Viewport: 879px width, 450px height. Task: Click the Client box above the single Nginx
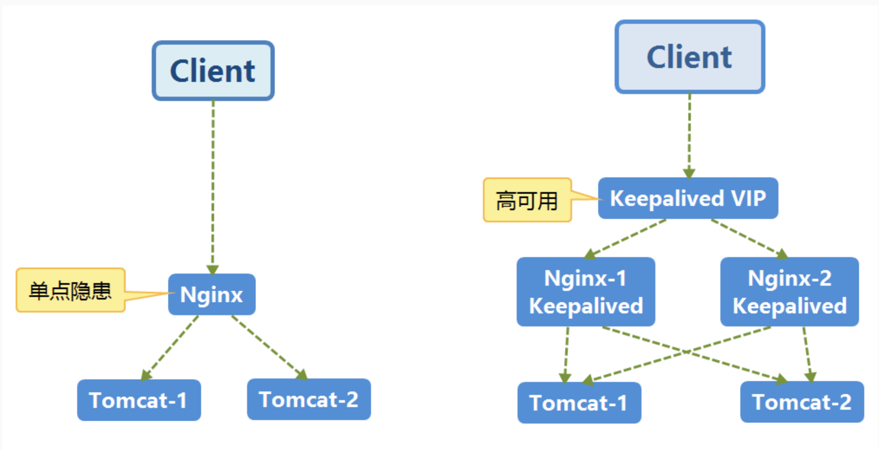pos(213,71)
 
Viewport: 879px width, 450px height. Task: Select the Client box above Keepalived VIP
pos(689,57)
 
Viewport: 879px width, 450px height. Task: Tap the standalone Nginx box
pos(212,294)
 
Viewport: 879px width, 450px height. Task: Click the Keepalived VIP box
pos(688,199)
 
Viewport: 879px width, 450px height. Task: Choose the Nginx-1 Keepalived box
pos(586,292)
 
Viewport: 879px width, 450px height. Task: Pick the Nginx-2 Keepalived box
pos(789,292)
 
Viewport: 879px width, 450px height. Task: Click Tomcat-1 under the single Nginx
pos(139,400)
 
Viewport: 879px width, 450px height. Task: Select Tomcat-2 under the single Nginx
pos(309,399)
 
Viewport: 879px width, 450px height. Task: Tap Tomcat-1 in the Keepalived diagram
pos(579,403)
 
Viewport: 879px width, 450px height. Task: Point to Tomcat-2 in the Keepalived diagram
pos(802,402)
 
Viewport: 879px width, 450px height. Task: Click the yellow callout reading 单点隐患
pos(71,290)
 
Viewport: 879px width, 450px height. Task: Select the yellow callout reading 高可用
pos(527,200)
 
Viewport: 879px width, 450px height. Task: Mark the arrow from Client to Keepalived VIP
pos(689,134)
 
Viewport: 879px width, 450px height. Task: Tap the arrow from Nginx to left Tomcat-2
pos(269,347)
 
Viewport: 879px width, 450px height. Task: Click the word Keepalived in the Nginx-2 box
pos(789,306)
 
